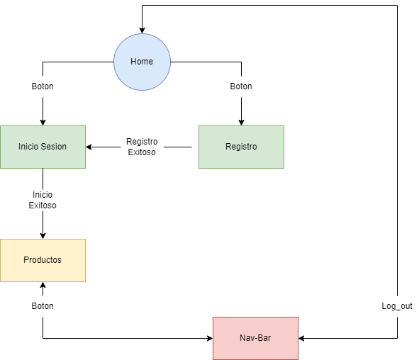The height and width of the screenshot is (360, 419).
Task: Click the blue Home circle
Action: pyautogui.click(x=142, y=62)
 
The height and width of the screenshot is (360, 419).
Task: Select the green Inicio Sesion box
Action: pyautogui.click(x=43, y=147)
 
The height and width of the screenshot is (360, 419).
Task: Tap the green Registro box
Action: pyautogui.click(x=241, y=147)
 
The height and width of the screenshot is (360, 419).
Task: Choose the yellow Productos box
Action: pyautogui.click(x=43, y=260)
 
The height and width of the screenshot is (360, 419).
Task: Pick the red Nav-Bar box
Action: pyautogui.click(x=255, y=338)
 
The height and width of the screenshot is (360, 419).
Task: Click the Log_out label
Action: pyautogui.click(x=397, y=306)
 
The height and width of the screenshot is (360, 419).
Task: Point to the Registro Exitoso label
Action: pyautogui.click(x=142, y=147)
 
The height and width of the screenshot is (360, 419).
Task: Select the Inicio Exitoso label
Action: pyautogui.click(x=43, y=200)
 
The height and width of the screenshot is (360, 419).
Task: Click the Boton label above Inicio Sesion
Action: pyautogui.click(x=43, y=86)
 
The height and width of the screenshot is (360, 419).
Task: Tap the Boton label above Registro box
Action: pyautogui.click(x=241, y=86)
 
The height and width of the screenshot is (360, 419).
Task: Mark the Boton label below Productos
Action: pyautogui.click(x=43, y=306)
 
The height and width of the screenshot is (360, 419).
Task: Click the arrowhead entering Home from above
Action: pyautogui.click(x=142, y=30)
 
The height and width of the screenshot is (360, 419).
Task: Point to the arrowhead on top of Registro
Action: pyautogui.click(x=241, y=122)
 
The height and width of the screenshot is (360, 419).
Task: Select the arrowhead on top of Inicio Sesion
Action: pyautogui.click(x=43, y=122)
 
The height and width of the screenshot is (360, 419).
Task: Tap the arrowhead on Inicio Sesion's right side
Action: pyautogui.click(x=90, y=147)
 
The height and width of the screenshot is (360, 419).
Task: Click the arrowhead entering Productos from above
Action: pyautogui.click(x=43, y=235)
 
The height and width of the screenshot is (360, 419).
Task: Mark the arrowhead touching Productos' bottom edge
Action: pyautogui.click(x=43, y=286)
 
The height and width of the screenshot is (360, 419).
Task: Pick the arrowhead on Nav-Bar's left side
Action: pyautogui.click(x=208, y=338)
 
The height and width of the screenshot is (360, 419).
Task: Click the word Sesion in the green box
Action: pyautogui.click(x=54, y=147)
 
